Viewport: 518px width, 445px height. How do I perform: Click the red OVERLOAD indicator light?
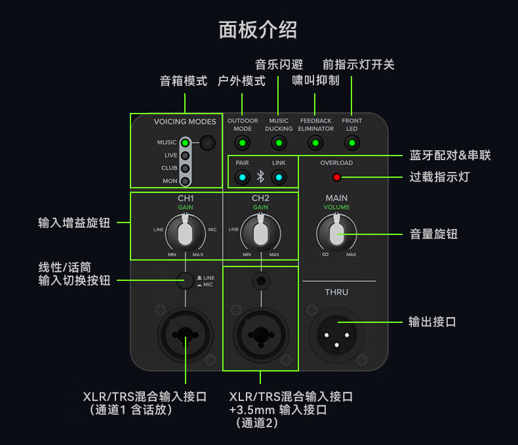[x=337, y=177]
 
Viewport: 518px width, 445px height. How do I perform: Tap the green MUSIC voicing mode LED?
[x=186, y=142]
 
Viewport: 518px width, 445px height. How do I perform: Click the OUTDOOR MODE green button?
[x=243, y=143]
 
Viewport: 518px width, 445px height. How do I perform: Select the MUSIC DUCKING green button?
[x=279, y=143]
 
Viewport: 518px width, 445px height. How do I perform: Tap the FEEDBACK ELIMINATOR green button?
[x=315, y=143]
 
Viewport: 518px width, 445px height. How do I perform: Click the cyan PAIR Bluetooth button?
[x=243, y=177]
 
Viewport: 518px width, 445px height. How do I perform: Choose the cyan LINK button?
[x=279, y=177]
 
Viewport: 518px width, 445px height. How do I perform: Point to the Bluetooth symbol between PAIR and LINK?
[x=260, y=177]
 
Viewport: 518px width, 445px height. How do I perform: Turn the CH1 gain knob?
[x=186, y=234]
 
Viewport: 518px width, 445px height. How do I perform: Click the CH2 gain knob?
[x=260, y=234]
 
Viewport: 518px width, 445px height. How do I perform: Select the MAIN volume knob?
[x=336, y=234]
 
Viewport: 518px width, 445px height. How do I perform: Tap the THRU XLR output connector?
[x=336, y=335]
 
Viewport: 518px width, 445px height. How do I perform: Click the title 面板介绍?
[x=258, y=30]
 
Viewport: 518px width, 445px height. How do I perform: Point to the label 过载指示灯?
[x=439, y=177]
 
